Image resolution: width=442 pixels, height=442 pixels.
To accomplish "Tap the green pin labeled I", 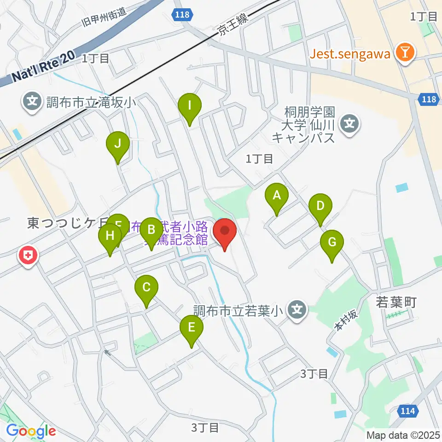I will click(189, 106).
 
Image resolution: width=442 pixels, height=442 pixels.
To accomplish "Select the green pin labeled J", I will click(117, 145).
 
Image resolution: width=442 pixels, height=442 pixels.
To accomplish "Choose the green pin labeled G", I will click(332, 243).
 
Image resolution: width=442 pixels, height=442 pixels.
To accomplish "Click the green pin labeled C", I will click(146, 289).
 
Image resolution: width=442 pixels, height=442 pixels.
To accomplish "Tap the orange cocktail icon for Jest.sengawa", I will click(405, 53).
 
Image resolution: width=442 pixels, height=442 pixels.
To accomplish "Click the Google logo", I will click(31, 431).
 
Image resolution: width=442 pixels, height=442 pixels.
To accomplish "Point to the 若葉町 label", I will click(396, 302).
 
